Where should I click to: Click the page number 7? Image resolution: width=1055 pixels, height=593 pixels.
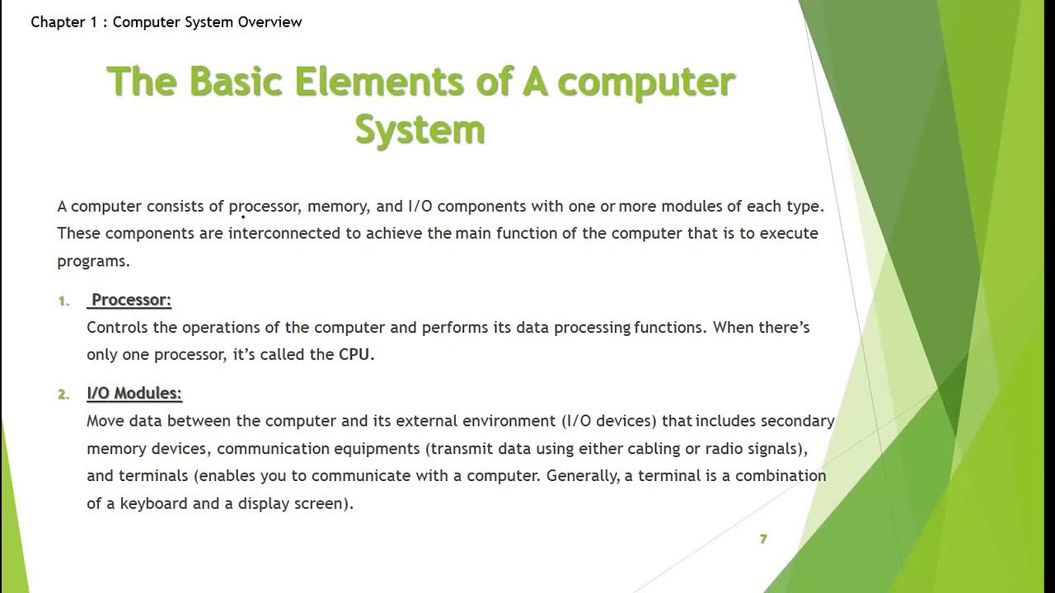(x=763, y=539)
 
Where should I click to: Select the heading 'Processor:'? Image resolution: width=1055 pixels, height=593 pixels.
(x=130, y=300)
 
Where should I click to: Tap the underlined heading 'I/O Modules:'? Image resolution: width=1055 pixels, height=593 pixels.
(x=134, y=394)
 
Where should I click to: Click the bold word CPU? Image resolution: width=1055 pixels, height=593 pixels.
(x=356, y=355)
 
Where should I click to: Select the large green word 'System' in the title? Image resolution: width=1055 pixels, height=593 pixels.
(x=420, y=130)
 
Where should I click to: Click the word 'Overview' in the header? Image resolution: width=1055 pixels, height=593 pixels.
(x=270, y=22)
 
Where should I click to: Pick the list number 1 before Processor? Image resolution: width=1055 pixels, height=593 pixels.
(x=63, y=301)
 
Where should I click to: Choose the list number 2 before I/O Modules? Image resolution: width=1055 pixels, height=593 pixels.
(x=63, y=395)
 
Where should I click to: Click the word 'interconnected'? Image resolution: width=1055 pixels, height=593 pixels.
(x=284, y=233)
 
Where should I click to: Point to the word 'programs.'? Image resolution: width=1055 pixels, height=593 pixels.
(x=94, y=261)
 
